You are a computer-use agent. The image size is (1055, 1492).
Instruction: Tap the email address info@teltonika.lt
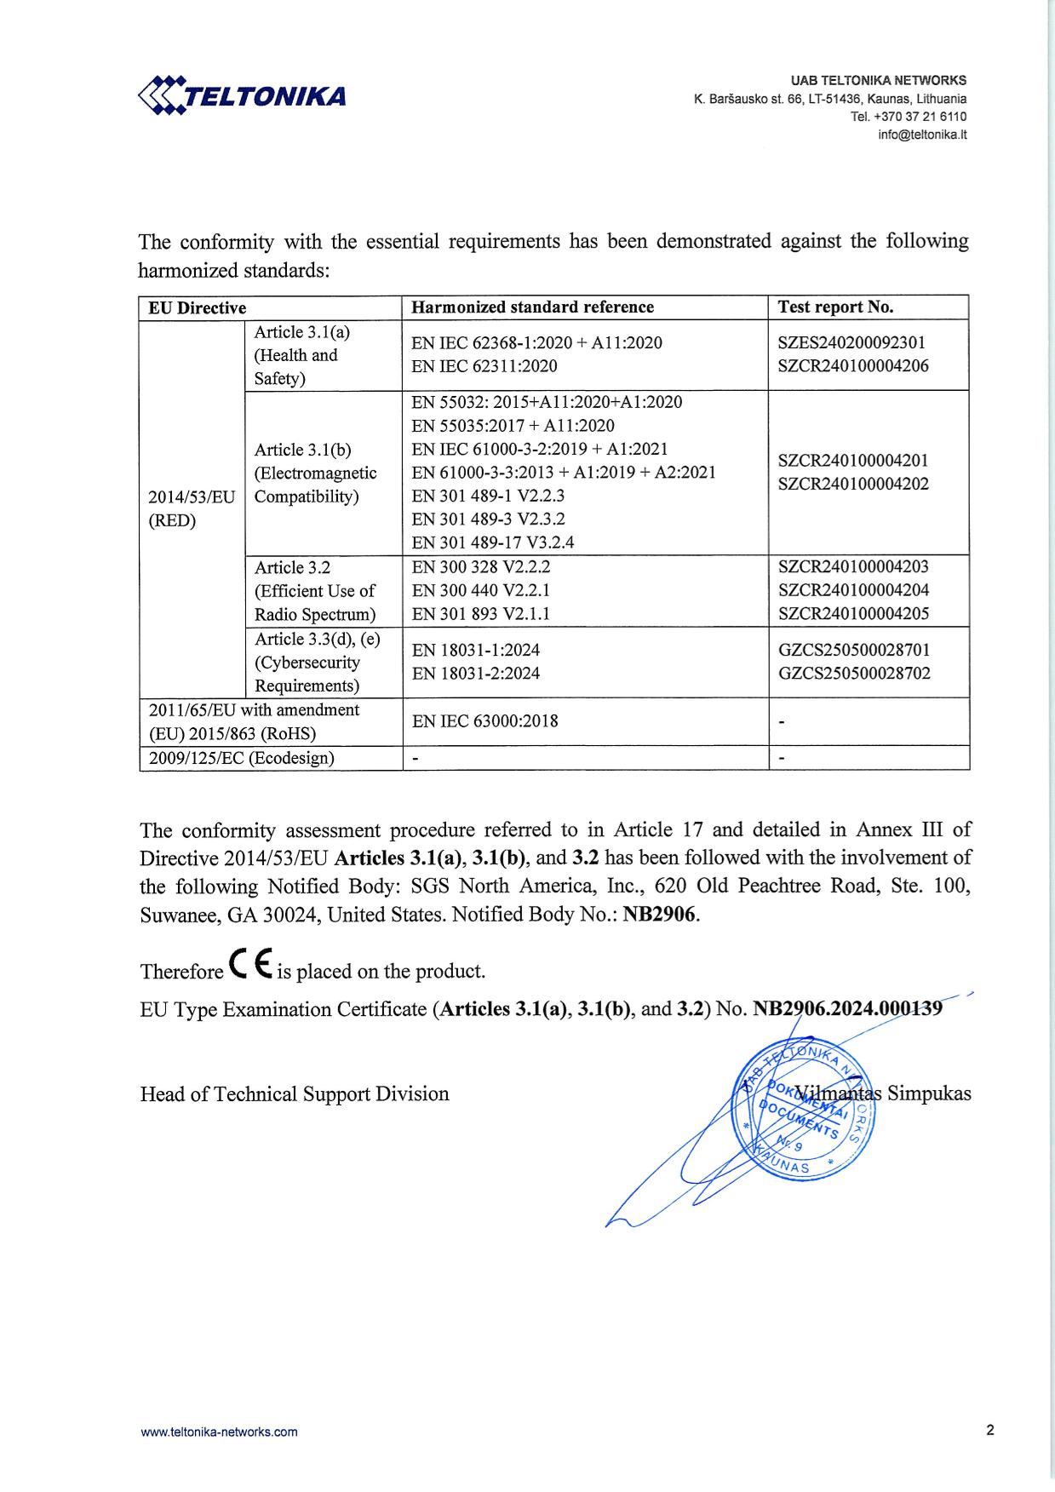pyautogui.click(x=924, y=135)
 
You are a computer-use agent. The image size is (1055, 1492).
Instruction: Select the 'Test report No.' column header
pyautogui.click(x=835, y=307)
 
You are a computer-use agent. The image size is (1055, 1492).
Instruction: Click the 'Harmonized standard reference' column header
pyautogui.click(x=532, y=307)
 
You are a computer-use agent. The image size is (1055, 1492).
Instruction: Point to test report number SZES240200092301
pyautogui.click(x=851, y=343)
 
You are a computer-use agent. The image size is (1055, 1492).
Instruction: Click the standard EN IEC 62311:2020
pyautogui.click(x=484, y=367)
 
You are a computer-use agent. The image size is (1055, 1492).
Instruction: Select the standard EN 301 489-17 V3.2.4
pyautogui.click(x=493, y=542)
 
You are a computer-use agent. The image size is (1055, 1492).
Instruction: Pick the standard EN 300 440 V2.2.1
pyautogui.click(x=481, y=590)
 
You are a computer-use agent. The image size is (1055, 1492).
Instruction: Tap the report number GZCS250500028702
pyautogui.click(x=854, y=674)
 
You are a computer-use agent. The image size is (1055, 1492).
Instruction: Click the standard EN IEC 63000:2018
pyautogui.click(x=485, y=721)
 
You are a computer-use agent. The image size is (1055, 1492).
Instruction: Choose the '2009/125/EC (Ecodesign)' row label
pyautogui.click(x=242, y=758)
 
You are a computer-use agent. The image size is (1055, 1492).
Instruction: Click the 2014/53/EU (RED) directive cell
pyautogui.click(x=192, y=508)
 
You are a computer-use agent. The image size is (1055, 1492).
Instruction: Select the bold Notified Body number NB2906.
pyautogui.click(x=660, y=915)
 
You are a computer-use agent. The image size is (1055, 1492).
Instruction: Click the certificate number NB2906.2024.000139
pyautogui.click(x=848, y=1009)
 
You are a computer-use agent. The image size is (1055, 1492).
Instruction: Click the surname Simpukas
pyautogui.click(x=929, y=1093)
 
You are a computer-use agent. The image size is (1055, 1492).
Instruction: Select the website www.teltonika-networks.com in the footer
pyautogui.click(x=219, y=1432)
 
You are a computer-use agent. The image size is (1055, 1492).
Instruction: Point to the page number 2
pyautogui.click(x=990, y=1431)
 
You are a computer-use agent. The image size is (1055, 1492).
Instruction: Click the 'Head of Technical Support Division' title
pyautogui.click(x=295, y=1094)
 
